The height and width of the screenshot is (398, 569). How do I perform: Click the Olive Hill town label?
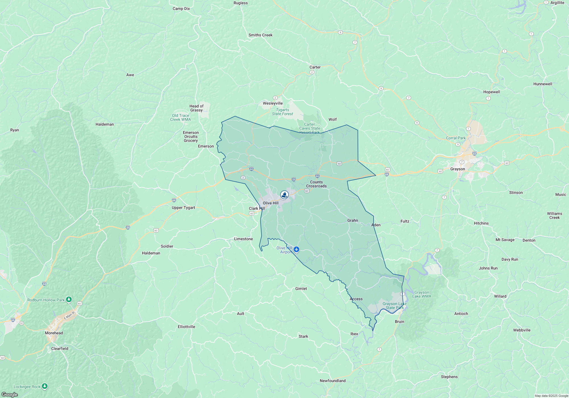[x=271, y=203]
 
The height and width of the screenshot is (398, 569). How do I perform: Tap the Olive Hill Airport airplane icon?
[x=296, y=249]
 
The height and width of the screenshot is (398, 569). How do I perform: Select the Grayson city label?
[x=457, y=169]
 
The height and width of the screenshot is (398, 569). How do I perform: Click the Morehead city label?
[x=54, y=333]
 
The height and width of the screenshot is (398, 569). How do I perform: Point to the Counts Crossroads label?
[x=316, y=184]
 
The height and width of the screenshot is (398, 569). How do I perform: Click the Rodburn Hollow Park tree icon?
[x=69, y=299]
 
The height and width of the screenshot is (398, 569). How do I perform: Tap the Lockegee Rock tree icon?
[x=45, y=386]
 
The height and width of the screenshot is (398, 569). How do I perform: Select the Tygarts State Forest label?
[x=282, y=112]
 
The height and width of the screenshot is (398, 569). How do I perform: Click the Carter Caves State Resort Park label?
[x=310, y=128]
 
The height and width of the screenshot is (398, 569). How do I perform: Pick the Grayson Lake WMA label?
[x=422, y=294]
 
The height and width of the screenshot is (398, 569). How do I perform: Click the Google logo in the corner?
[x=9, y=394]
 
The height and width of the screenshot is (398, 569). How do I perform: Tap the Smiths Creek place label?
[x=260, y=35]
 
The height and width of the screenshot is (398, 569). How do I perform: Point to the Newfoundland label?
[x=333, y=381]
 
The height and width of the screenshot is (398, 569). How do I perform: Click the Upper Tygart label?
[x=183, y=208]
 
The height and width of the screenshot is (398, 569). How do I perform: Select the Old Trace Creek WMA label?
[x=180, y=117]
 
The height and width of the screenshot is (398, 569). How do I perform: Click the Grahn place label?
[x=352, y=220]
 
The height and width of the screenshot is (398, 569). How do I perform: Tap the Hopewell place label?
[x=491, y=92]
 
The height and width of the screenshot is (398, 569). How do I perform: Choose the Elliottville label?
[x=186, y=327]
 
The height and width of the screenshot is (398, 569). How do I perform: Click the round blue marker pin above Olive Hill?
[x=284, y=195]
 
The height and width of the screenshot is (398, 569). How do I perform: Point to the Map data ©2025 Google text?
[x=551, y=396]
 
